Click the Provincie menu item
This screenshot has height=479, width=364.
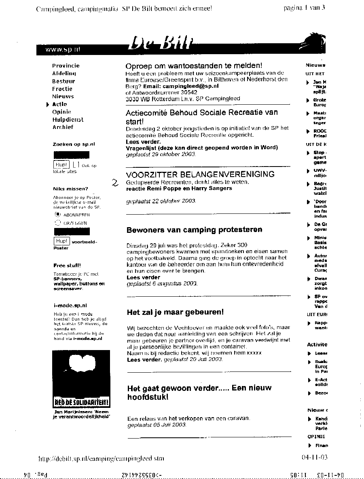click(x=66, y=65)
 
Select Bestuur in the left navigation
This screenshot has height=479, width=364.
click(x=63, y=81)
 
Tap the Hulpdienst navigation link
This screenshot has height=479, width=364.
click(x=68, y=120)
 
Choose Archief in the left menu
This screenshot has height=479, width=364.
click(x=63, y=127)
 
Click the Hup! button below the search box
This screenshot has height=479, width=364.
click(x=61, y=165)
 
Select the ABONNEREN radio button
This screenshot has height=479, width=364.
click(x=57, y=215)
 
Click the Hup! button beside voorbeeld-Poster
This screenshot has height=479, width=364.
click(x=61, y=241)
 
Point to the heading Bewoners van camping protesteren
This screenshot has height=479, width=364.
click(x=194, y=230)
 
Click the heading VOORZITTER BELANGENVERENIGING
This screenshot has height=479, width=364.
click(x=200, y=175)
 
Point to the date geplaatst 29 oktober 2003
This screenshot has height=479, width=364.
click(x=161, y=154)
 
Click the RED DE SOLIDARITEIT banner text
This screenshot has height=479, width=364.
click(x=82, y=402)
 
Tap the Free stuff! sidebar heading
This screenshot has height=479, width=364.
click(x=67, y=266)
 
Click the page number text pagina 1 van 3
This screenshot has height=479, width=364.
click(x=304, y=8)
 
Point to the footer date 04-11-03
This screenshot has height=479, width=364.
click(x=314, y=457)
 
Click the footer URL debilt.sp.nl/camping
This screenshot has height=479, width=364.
click(x=101, y=459)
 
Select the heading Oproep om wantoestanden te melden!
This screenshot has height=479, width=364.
click(x=194, y=66)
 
